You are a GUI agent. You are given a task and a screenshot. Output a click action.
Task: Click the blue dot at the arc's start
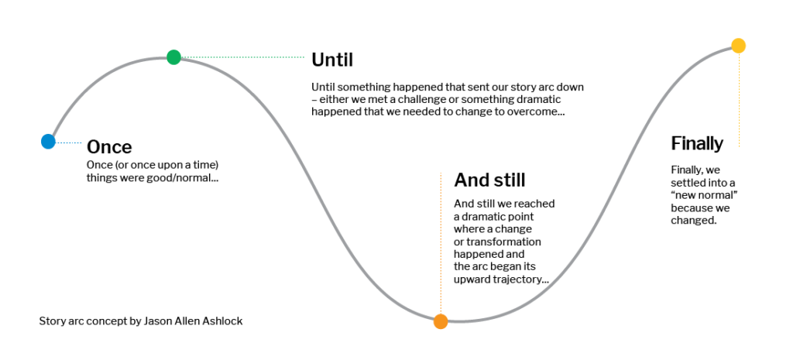[x=48, y=142]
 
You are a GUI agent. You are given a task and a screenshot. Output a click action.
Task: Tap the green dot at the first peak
[x=173, y=57]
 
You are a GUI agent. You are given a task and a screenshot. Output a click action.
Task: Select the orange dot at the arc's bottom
[x=441, y=321]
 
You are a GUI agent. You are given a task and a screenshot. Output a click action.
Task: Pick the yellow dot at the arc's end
[x=738, y=46]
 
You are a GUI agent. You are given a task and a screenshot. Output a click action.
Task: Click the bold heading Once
[x=109, y=147]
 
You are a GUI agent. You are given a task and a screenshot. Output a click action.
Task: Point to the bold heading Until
[x=332, y=60]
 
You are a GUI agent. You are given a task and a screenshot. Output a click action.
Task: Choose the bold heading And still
[x=489, y=180]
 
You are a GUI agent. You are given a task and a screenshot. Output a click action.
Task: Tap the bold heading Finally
[x=697, y=143]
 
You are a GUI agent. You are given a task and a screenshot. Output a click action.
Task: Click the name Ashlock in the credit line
[x=224, y=321]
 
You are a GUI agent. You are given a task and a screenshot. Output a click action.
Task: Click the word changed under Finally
[x=694, y=221]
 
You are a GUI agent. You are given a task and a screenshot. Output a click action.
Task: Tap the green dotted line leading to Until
[x=242, y=57]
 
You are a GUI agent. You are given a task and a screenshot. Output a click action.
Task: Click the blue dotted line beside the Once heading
[x=68, y=143]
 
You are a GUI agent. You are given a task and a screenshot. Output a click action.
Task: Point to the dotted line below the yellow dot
[x=739, y=100]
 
